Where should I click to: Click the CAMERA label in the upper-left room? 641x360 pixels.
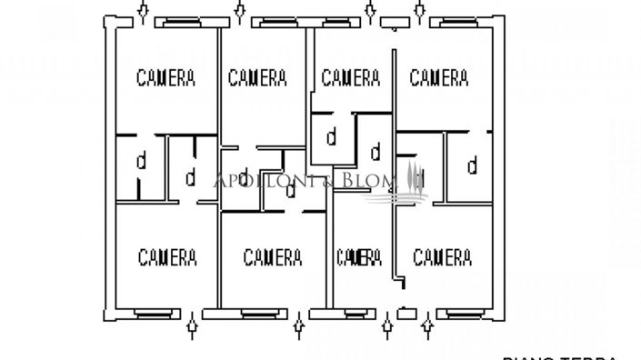165,78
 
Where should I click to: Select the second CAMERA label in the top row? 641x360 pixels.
258,78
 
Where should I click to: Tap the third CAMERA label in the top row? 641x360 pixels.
350,78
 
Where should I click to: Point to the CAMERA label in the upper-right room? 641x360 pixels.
439,78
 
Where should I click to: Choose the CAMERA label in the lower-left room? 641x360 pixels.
168,257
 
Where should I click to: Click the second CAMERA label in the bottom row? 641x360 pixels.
273,257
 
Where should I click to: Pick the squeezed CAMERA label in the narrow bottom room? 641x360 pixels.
358,257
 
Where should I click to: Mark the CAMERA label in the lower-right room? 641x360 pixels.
442,257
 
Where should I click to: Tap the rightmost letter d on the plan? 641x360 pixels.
472,165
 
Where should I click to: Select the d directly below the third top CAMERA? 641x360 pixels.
332,138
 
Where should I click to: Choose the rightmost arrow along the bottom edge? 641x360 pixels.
427,324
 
